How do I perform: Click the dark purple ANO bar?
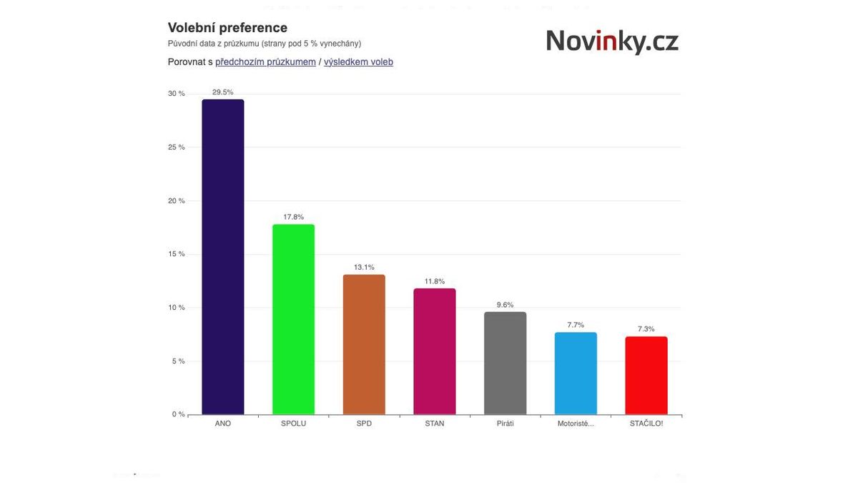pos(223,257)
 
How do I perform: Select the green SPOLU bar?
pos(293,319)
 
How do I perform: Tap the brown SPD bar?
pos(364,344)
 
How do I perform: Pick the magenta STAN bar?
pos(435,351)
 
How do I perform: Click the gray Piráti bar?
pos(505,363)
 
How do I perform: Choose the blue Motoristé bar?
pos(576,373)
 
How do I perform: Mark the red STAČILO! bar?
pos(646,375)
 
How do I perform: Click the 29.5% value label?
pos(223,92)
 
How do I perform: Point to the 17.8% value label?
pos(293,217)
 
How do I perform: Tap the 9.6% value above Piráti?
pos(505,305)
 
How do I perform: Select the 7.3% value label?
pos(646,329)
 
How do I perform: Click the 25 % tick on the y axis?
pos(176,147)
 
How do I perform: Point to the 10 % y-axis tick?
pos(176,308)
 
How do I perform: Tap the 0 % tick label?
pos(178,414)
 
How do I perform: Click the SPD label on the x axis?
pos(364,424)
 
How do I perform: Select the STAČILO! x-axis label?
pos(646,424)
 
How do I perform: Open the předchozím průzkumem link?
pos(265,62)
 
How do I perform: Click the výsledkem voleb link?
pos(358,62)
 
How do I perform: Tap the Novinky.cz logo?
pos(612,42)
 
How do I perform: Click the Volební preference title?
pos(227,28)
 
